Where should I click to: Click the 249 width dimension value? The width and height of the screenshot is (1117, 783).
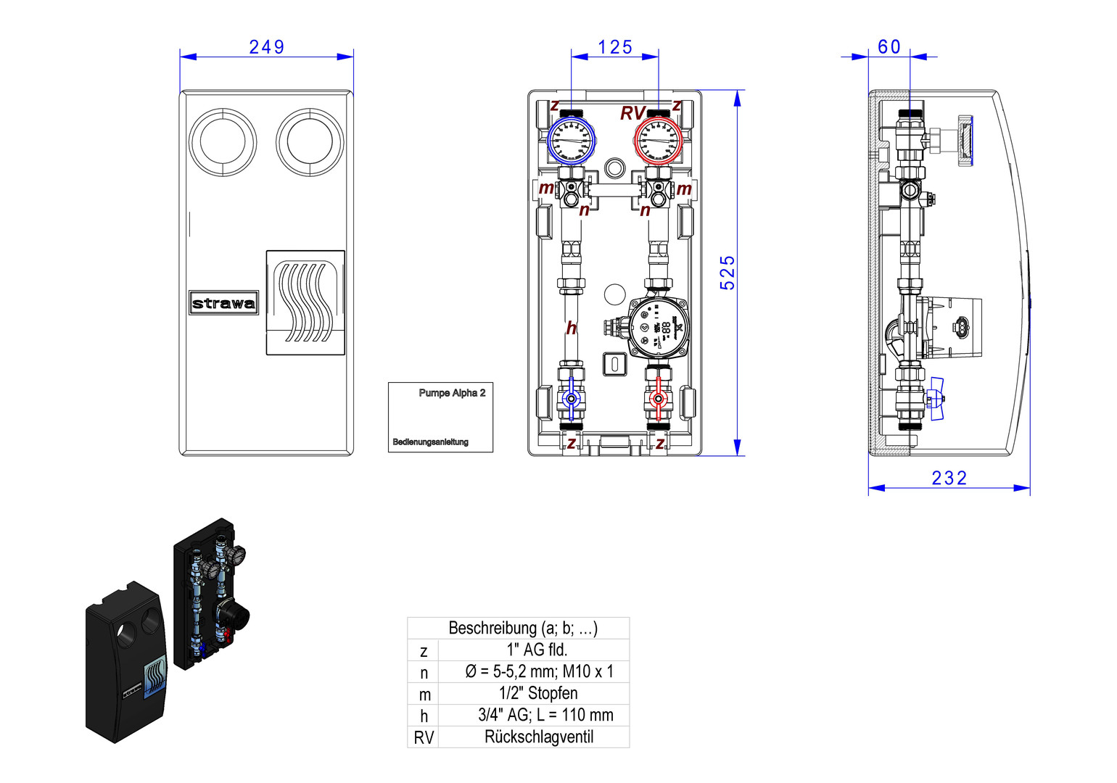point(266,47)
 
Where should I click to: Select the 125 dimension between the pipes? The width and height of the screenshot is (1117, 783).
point(615,47)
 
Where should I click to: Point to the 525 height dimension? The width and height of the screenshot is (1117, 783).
point(728,273)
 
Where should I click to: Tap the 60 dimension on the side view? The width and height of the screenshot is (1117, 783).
point(889,47)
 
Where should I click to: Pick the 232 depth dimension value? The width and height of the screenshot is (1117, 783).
point(949,478)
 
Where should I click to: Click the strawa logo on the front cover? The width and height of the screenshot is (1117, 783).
point(223,303)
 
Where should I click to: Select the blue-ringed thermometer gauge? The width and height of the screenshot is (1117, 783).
point(571,141)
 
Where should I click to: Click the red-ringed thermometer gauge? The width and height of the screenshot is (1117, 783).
point(659,141)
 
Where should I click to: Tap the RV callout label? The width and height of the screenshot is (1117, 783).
point(632,114)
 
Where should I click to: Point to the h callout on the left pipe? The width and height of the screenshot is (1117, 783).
point(572,328)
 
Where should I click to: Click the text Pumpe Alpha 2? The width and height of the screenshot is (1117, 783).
point(452,393)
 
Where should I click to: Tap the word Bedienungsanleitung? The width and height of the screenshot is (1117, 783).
point(431,442)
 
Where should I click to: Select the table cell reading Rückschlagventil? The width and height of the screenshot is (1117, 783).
point(539,737)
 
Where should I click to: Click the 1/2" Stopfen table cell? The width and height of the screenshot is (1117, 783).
point(538,694)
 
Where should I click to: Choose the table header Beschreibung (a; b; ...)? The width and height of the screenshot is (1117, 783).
point(523,628)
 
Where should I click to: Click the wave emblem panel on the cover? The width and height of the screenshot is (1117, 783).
point(305,302)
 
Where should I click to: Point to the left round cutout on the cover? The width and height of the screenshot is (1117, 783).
point(223,142)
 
